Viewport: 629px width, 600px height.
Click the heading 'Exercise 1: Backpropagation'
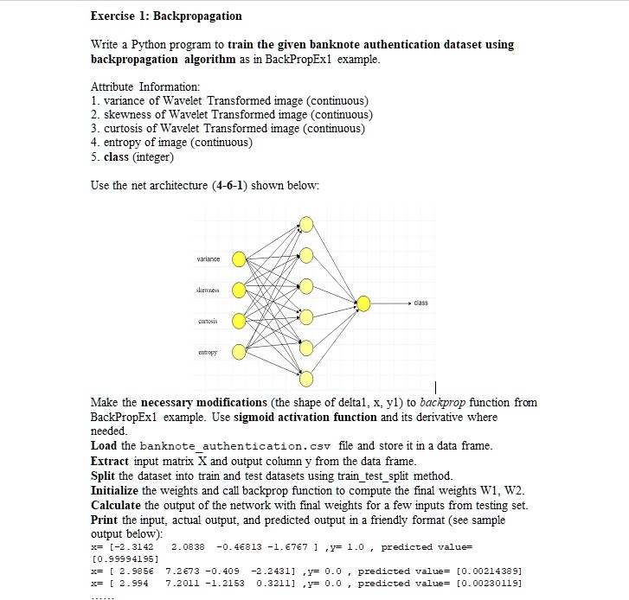click(x=166, y=16)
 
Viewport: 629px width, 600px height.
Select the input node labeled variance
click(x=239, y=259)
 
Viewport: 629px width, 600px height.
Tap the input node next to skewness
click(x=239, y=291)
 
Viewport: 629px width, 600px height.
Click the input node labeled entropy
click(x=239, y=354)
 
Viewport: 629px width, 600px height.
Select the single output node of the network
click(x=364, y=303)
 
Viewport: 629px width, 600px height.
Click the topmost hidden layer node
click(x=305, y=225)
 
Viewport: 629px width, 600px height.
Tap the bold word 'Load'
click(x=104, y=445)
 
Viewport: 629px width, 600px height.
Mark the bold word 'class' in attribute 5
click(x=116, y=157)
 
